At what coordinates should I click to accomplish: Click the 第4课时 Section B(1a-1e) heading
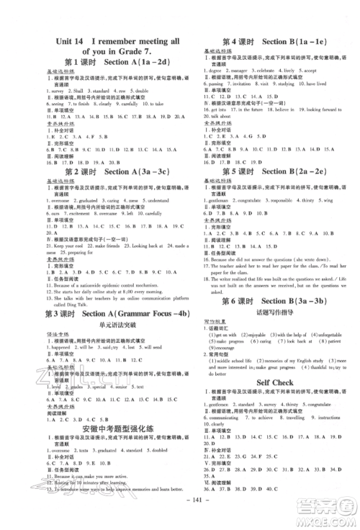coord(266,41)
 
